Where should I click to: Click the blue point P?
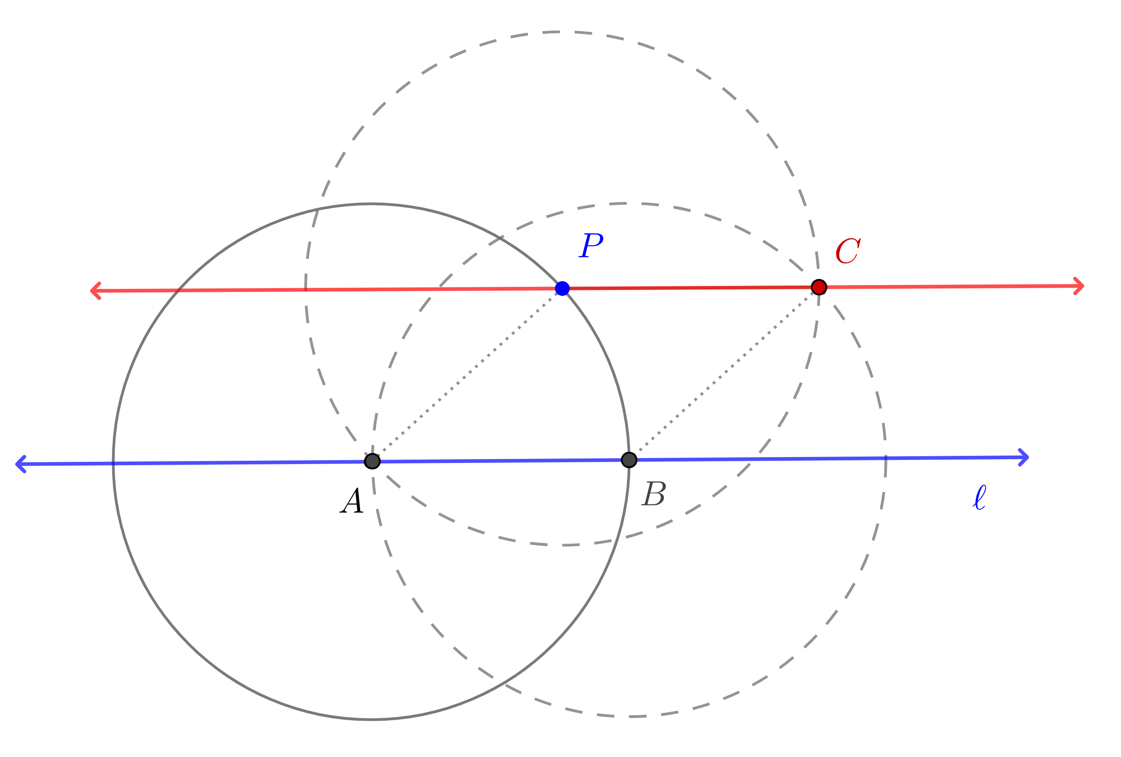(562, 288)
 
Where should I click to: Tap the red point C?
(819, 287)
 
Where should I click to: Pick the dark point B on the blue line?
(629, 460)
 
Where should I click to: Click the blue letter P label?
(591, 245)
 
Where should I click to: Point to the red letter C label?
(848, 251)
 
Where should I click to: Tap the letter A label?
(352, 500)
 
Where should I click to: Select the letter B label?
(654, 494)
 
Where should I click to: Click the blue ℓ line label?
(979, 497)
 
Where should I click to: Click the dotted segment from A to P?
(467, 375)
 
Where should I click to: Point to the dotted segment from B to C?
(724, 373)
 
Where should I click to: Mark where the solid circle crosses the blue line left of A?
(113, 463)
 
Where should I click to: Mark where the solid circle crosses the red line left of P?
(179, 290)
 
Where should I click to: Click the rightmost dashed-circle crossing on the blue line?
(886, 458)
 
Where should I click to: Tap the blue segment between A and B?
(501, 461)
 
